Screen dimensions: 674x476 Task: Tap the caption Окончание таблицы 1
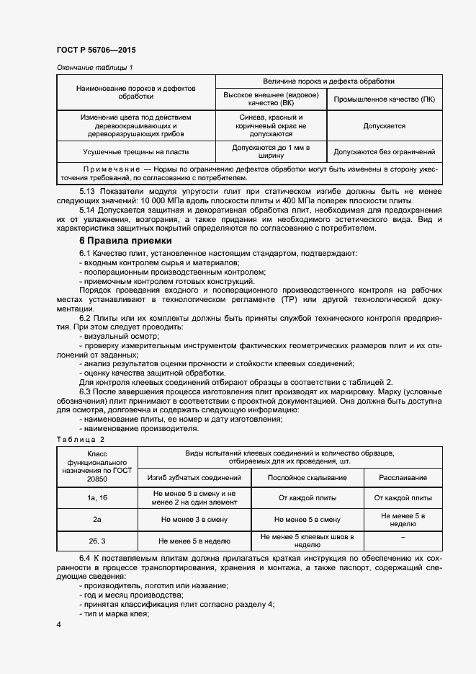pos(95,68)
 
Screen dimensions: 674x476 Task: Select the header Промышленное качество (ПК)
pos(384,99)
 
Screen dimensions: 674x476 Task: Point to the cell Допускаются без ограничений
pos(384,152)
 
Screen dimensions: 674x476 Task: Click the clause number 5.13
pos(88,190)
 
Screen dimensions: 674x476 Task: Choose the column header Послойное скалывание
pos(307,478)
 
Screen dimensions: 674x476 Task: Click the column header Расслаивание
pos(403,478)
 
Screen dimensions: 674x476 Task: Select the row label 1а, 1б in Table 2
pos(96,498)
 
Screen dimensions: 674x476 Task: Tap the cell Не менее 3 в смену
pos(194,519)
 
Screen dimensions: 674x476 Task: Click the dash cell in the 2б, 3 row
pos(403,539)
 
